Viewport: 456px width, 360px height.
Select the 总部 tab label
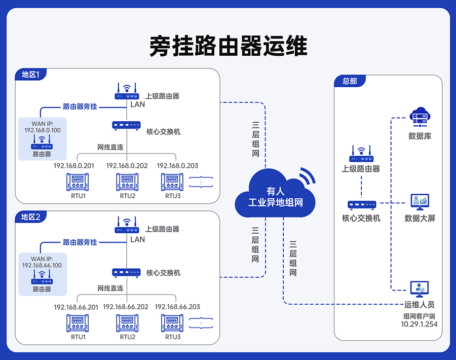pyautogui.click(x=350, y=81)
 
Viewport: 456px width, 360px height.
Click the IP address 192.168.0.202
pyautogui.click(x=127, y=166)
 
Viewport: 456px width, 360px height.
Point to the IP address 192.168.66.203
pyautogui.click(x=177, y=307)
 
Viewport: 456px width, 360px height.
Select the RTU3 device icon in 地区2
pyautogui.click(x=172, y=323)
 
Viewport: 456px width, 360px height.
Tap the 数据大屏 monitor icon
pyautogui.click(x=420, y=201)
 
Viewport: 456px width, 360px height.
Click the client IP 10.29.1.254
pyautogui.click(x=419, y=325)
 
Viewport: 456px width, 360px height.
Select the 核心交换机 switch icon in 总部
pyautogui.click(x=361, y=205)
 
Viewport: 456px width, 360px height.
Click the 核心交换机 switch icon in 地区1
pyautogui.click(x=126, y=126)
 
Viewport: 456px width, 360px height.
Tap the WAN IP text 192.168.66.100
pyautogui.click(x=42, y=265)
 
